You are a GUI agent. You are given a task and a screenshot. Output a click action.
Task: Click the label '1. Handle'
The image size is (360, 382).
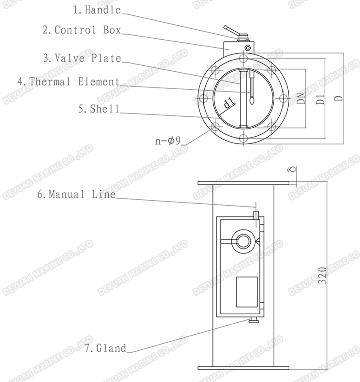97,10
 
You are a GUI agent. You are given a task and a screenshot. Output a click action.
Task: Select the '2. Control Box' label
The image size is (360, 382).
82,30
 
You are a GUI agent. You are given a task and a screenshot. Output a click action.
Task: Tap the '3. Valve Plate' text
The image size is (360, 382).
83,58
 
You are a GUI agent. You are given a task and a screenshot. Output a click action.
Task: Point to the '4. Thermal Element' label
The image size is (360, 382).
69,81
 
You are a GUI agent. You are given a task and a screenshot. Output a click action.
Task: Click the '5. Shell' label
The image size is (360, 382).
99,109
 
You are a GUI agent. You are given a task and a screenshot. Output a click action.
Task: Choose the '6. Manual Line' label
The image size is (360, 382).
77,194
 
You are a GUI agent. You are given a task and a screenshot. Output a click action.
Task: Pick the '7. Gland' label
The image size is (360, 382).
106,348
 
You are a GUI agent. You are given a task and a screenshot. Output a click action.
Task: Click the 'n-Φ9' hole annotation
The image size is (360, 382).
168,141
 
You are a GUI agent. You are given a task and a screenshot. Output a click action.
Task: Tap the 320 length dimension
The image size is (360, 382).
323,275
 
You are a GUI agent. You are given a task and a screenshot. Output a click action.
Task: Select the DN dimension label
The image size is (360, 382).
301,98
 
